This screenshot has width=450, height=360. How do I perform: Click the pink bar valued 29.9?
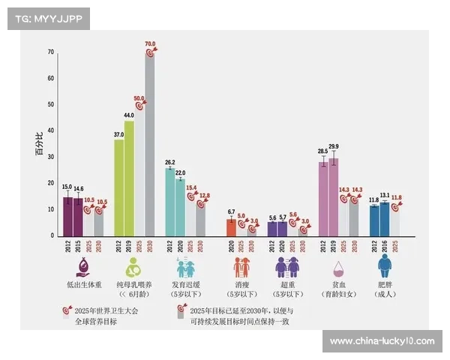coord(333,196)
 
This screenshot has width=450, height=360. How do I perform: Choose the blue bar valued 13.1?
coord(385,219)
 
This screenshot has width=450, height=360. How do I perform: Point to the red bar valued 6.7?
coord(231,227)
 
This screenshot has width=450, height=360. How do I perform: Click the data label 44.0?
coord(129,115)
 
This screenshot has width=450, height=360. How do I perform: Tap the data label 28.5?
coord(322,151)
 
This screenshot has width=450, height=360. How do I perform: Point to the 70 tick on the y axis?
coord(51,52)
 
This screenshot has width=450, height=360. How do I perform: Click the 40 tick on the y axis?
coord(51,131)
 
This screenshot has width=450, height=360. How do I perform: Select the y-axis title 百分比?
coord(39,143)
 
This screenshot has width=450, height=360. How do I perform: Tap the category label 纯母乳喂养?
coord(134,286)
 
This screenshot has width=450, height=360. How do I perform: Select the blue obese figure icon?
coord(385,266)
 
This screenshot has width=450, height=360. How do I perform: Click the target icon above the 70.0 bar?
coord(150,52)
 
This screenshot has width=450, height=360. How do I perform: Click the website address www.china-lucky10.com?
coord(382,341)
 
